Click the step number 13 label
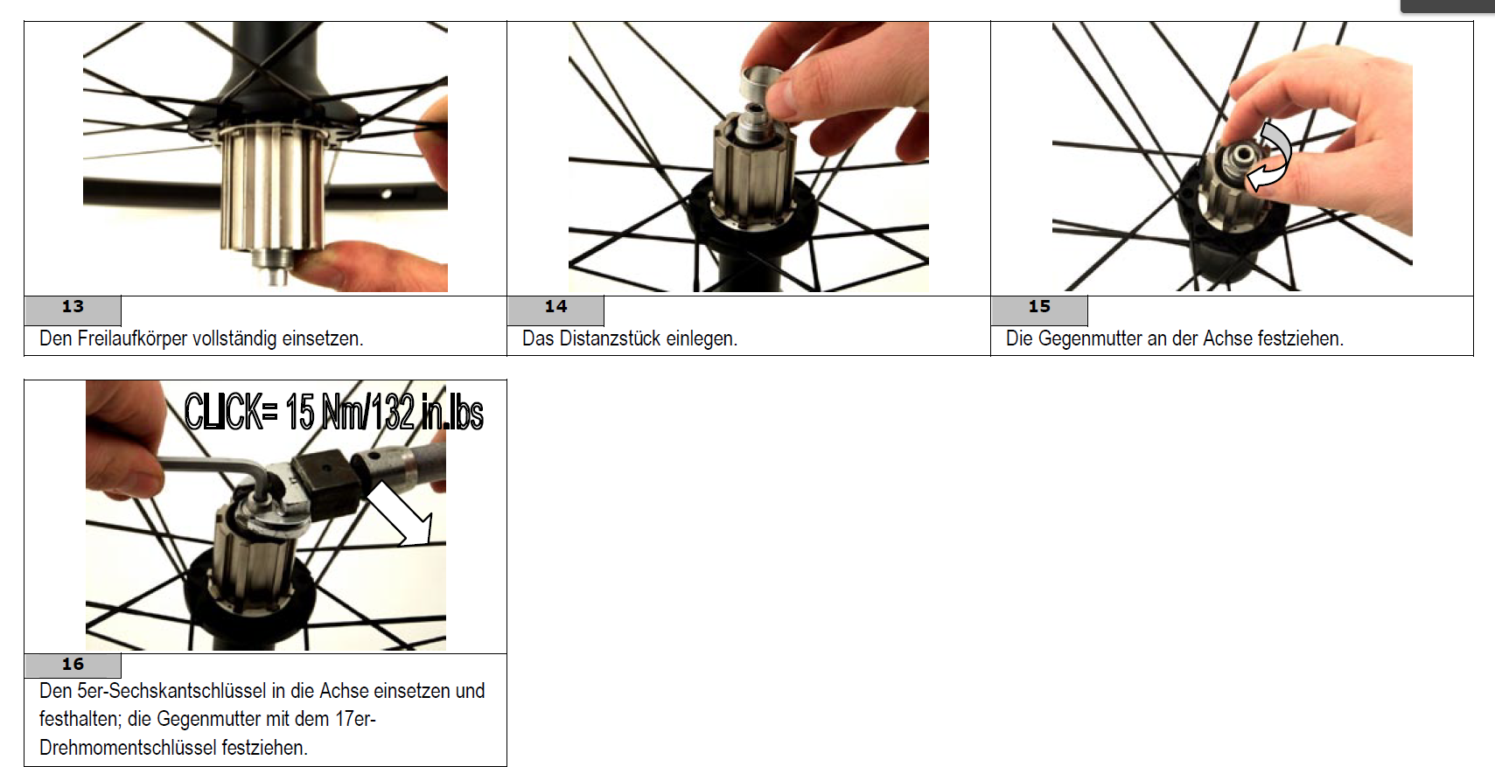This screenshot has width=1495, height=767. pos(73,306)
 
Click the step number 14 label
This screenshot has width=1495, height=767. pos(556,306)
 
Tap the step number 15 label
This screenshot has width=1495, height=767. pos(1039,306)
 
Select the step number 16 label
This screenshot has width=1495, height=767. pos(73,664)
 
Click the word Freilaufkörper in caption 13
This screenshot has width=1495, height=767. pos(132,338)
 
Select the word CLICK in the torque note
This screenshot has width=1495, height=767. pos(227,412)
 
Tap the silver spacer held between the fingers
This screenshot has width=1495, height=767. pos(762,83)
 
